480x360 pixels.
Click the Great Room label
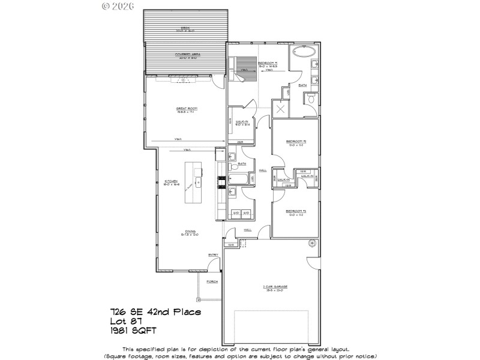[187, 109]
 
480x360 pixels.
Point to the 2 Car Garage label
[275, 287]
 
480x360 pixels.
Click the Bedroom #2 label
[296, 142]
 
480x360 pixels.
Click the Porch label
[212, 281]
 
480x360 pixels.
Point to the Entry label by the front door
[213, 256]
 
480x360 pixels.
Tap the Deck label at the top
[184, 28]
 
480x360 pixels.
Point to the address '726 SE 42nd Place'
[155, 311]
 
